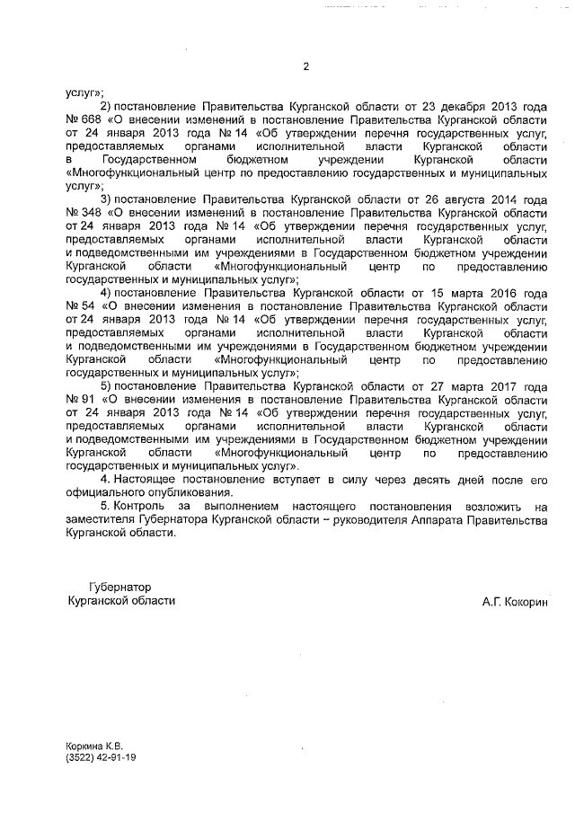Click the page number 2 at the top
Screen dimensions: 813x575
pyautogui.click(x=305, y=66)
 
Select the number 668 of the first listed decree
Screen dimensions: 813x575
pyautogui.click(x=93, y=120)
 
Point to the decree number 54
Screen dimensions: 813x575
pyautogui.click(x=90, y=305)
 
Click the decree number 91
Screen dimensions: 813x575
pyautogui.click(x=90, y=399)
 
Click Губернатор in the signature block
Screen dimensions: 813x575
pyautogui.click(x=124, y=586)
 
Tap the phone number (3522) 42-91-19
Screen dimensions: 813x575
pyautogui.click(x=101, y=758)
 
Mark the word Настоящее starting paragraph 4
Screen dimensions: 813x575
pyautogui.click(x=151, y=480)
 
